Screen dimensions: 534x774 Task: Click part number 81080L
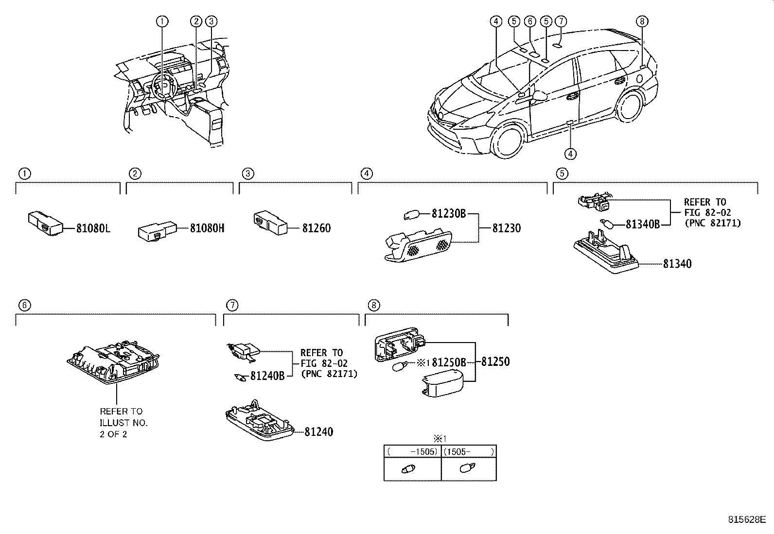(x=93, y=227)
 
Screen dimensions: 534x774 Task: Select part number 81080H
(x=207, y=227)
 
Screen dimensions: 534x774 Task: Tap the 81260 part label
(x=316, y=228)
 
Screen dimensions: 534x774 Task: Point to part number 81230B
(x=449, y=213)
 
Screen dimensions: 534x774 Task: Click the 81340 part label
(x=677, y=264)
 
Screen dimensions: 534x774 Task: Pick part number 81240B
(x=267, y=375)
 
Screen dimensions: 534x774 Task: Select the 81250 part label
(x=495, y=362)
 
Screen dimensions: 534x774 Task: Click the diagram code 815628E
(x=747, y=519)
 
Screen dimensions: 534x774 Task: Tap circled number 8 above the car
(x=642, y=21)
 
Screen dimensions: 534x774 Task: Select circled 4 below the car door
(x=570, y=154)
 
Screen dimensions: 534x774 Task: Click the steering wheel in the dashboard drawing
(x=163, y=87)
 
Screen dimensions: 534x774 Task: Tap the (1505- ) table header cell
(x=469, y=451)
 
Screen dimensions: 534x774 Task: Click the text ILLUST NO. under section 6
(x=123, y=423)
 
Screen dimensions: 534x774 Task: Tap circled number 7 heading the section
(x=232, y=305)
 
